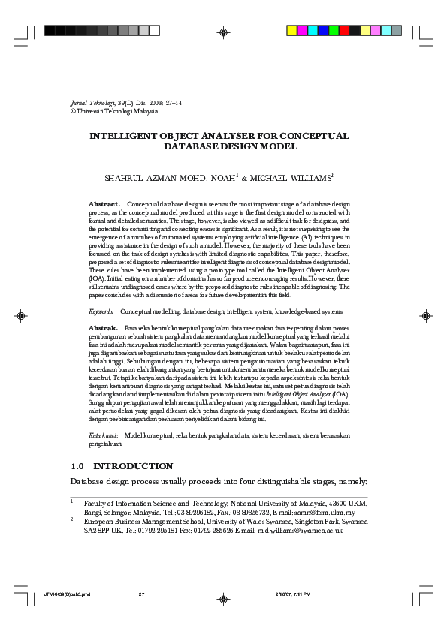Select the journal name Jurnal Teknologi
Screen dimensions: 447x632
click(89, 102)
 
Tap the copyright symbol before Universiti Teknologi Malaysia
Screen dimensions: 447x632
click(73, 111)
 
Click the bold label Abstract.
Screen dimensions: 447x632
click(104, 204)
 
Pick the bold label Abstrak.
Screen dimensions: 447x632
click(103, 329)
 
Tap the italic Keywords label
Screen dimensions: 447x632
click(101, 311)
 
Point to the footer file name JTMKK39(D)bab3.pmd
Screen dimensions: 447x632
click(67, 594)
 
